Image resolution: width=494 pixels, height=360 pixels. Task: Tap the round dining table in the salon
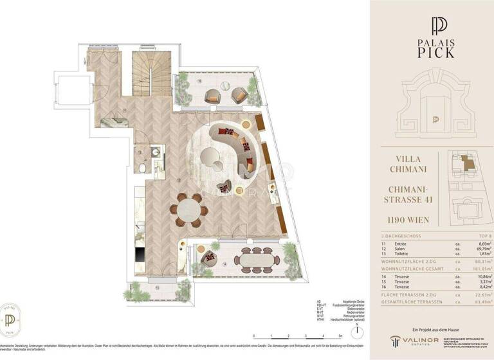click(188, 209)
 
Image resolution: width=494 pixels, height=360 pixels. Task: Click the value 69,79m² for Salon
click(475, 249)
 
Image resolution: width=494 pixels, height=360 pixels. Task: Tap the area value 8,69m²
click(475, 244)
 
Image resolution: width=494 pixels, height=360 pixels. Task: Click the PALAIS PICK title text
click(432, 48)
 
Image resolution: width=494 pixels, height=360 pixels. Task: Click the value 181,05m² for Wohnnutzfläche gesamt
click(473, 269)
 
